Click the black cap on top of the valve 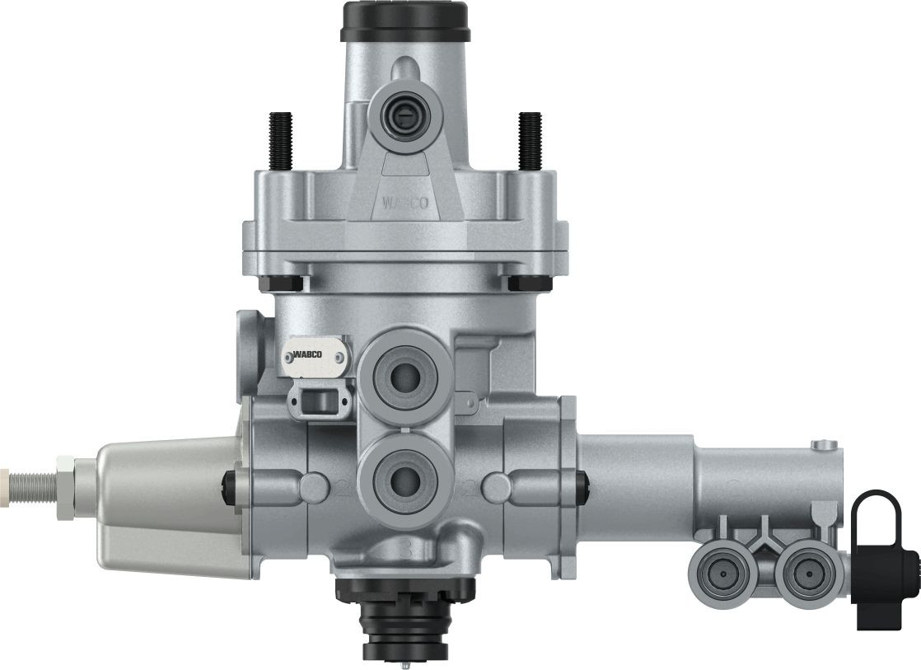(404, 21)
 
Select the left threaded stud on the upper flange (280, 140)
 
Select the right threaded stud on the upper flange (530, 140)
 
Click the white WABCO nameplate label (315, 355)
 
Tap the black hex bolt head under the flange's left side (282, 283)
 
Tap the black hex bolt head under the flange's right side (530, 283)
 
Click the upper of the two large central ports (404, 377)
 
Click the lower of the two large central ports (404, 479)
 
